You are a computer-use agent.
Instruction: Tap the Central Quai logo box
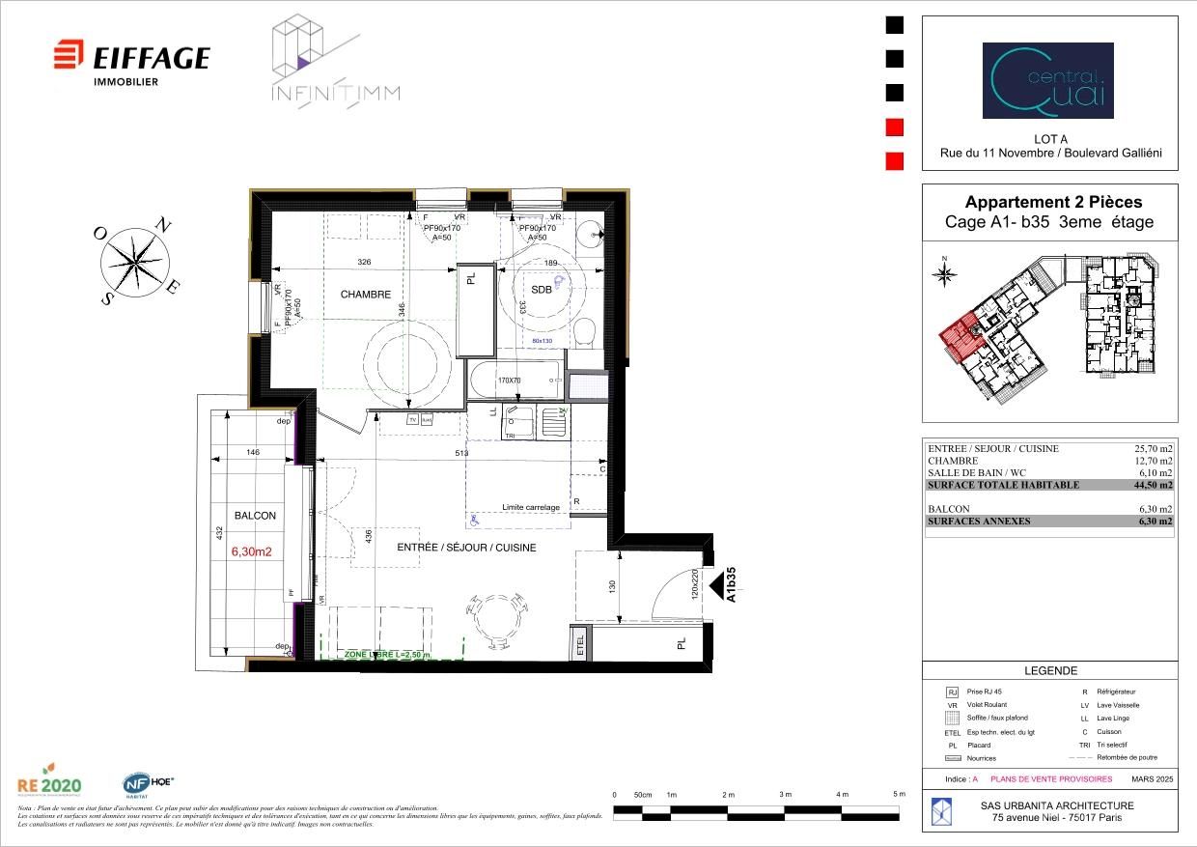(x=1047, y=80)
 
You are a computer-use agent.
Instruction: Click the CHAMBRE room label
(x=365, y=295)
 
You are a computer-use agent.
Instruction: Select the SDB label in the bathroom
(x=542, y=290)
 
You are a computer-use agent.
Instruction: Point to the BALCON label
(x=254, y=516)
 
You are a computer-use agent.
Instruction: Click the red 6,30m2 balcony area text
(x=251, y=552)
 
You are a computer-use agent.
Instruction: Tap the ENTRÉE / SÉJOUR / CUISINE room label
(x=466, y=548)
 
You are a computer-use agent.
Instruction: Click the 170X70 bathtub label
(x=509, y=381)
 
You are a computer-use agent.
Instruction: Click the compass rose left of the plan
(x=136, y=260)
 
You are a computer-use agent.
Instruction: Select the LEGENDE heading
(x=1049, y=671)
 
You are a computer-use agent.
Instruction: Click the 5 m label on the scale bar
(x=899, y=794)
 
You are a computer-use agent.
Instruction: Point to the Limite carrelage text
(x=531, y=507)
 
